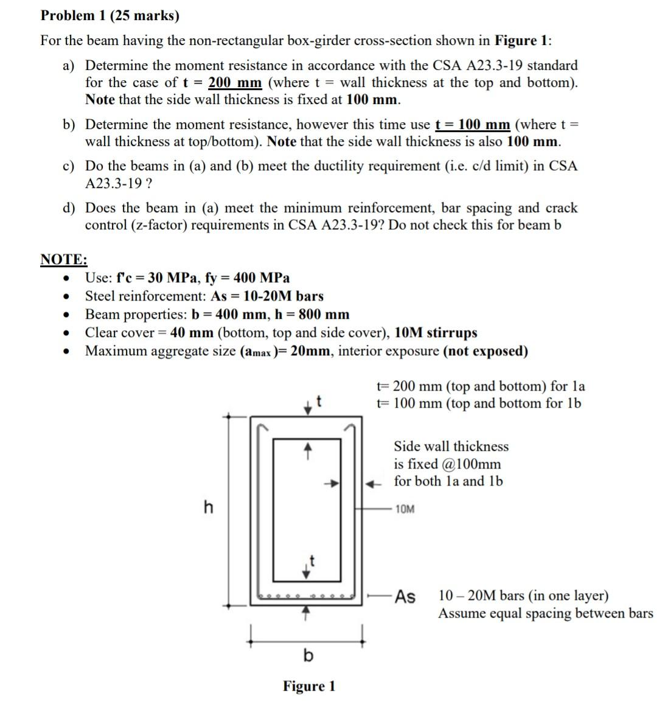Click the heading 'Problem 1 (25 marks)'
click(109, 16)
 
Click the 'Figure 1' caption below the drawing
click(308, 686)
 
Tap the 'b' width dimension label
click(308, 655)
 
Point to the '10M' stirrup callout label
click(405, 509)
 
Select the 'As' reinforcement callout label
click(405, 597)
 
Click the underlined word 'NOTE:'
click(64, 259)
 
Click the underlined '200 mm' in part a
click(235, 83)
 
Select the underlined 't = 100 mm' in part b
click(473, 125)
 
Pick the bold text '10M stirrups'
click(436, 333)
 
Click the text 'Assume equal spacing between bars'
click(546, 613)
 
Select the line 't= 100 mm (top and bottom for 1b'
click(479, 403)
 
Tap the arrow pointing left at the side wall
click(370, 484)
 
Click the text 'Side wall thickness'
click(451, 447)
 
